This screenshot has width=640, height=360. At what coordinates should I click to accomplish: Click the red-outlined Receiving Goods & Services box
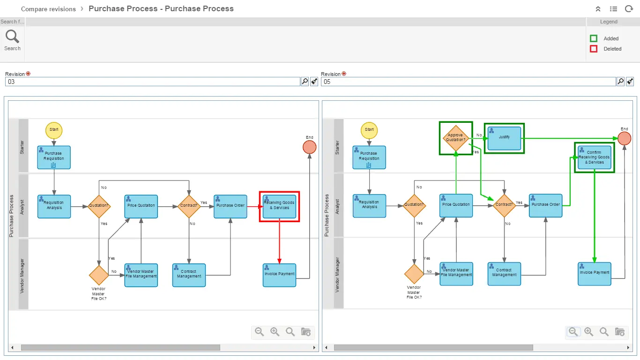point(280,207)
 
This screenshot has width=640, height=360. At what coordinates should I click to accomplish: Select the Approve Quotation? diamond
point(455,137)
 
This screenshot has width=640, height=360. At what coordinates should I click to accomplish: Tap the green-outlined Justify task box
point(504,138)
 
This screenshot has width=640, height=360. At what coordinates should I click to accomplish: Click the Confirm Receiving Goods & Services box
point(594,157)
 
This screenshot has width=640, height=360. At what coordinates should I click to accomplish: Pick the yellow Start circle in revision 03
point(54,130)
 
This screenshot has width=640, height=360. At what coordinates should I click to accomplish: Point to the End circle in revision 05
point(624,138)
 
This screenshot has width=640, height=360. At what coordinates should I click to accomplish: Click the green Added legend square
point(594,38)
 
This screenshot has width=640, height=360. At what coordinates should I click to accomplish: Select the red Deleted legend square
point(594,49)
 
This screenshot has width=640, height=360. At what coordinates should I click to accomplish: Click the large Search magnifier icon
point(12,37)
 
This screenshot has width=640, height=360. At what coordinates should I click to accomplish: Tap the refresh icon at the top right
point(628,9)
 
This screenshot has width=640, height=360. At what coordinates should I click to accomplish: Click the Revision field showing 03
point(152,82)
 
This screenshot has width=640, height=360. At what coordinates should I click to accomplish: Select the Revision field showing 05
point(468,82)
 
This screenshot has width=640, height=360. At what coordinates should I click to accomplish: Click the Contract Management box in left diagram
point(189,275)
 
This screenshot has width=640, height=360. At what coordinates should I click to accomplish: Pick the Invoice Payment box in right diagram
point(595,274)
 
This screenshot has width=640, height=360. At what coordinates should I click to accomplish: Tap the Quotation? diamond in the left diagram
point(99,206)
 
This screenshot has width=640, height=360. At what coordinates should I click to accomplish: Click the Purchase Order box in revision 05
point(545,205)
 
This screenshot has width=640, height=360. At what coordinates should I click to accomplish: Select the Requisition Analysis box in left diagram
point(54,206)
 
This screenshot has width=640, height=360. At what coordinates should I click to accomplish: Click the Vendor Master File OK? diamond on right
point(414,274)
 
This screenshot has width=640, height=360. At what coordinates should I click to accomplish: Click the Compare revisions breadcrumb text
point(48,9)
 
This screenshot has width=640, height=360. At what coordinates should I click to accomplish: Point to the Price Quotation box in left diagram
point(141,206)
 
